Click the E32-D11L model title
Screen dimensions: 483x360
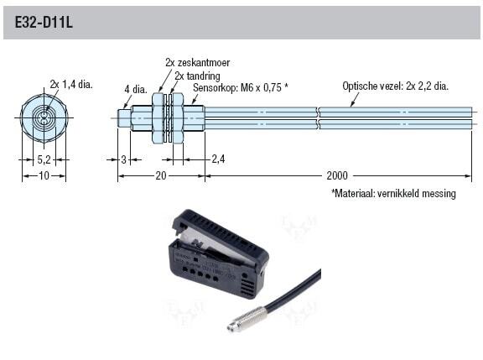[x=44, y=23]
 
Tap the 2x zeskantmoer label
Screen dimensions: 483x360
[x=197, y=63]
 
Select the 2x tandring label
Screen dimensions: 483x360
[x=197, y=76]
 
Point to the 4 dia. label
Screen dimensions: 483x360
[x=136, y=90]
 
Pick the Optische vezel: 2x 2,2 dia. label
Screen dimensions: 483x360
[x=396, y=86]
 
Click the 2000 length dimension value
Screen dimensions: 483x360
[x=337, y=175]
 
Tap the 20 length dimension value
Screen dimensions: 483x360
[x=161, y=175]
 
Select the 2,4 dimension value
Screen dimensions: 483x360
[x=218, y=159]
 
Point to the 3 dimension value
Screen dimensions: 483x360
[x=123, y=159]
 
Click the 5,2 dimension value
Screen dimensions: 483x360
[x=44, y=159]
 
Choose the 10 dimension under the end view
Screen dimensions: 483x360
[x=44, y=175]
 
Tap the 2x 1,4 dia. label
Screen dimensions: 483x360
[x=71, y=84]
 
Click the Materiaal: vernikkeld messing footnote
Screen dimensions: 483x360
[x=393, y=193]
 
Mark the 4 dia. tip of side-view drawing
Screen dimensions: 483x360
[x=125, y=118]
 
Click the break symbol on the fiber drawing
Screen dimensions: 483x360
[x=318, y=118]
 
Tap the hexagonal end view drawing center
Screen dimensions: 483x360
[x=44, y=117]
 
